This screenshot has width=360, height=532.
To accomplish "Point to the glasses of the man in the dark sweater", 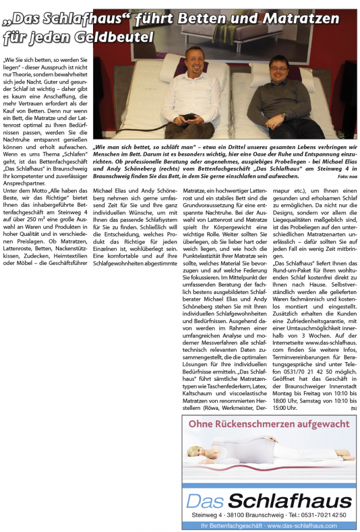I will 278,68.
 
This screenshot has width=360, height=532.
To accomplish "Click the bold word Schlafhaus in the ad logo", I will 290,501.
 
